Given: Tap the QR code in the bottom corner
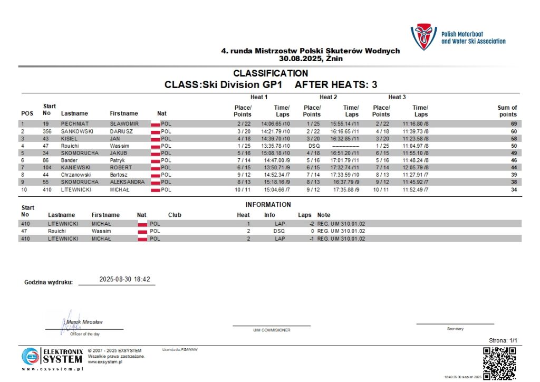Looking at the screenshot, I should (499, 363).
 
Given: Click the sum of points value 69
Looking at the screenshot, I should (513, 123).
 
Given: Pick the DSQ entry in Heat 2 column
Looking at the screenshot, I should (314, 146).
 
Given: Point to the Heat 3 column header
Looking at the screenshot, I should (397, 97).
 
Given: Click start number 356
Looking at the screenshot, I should (47, 131).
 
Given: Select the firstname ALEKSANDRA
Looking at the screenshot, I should (127, 182).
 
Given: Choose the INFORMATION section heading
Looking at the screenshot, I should (268, 205).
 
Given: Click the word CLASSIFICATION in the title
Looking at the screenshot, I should (271, 73).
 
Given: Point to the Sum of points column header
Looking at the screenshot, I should (507, 111).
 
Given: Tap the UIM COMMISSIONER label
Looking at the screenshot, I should (272, 330).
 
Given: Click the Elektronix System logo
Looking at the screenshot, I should (52, 356).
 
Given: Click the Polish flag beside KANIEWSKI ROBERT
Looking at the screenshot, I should (155, 167).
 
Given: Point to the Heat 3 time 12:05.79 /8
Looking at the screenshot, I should (416, 167).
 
